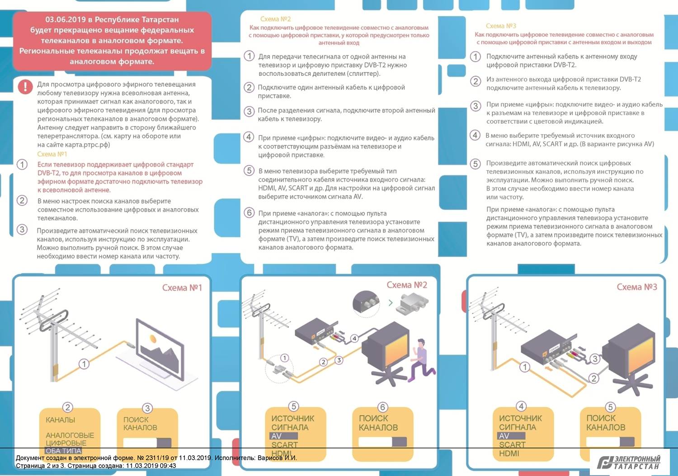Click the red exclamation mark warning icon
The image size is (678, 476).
click(25, 86)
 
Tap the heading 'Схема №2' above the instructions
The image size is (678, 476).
click(275, 19)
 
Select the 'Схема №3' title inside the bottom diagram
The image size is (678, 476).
click(636, 287)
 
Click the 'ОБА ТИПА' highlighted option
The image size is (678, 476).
click(63, 451)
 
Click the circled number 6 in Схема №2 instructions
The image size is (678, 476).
click(249, 213)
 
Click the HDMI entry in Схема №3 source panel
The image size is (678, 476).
click(509, 453)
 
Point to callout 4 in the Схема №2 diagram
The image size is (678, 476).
click(354, 338)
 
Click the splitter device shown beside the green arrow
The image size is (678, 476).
click(411, 302)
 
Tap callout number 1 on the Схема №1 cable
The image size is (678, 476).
click(84, 364)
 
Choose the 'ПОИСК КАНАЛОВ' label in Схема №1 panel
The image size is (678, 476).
click(140, 424)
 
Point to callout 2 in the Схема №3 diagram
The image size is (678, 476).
click(593, 378)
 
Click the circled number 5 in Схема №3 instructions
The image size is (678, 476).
click(475, 163)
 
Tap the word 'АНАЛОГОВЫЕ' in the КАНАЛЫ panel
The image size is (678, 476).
click(70, 435)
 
